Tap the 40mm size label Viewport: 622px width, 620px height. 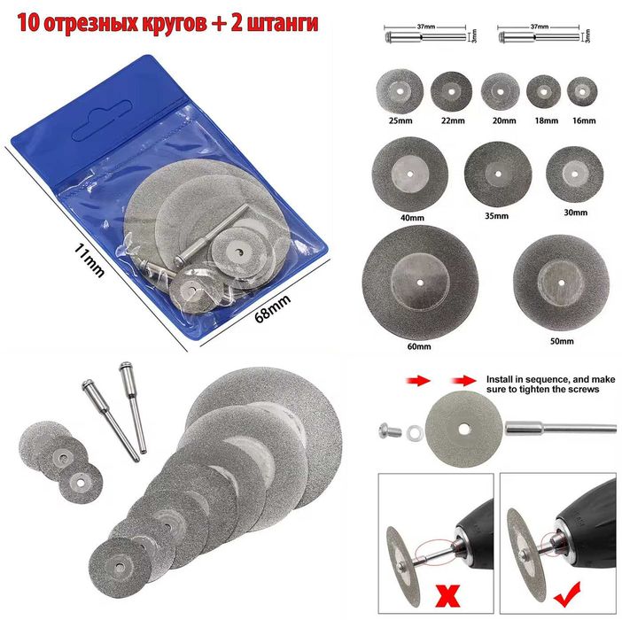tap(388, 214)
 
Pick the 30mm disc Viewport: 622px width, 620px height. tap(575, 167)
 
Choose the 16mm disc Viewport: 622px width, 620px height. tap(580, 90)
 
